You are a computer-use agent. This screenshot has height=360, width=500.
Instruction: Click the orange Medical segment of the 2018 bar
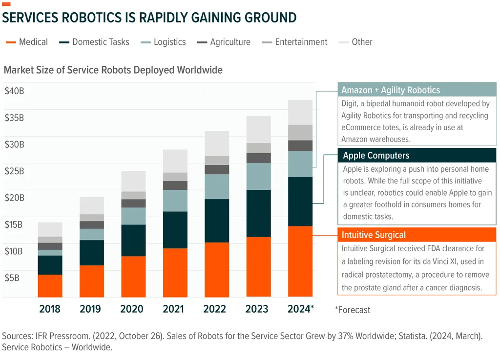point(50,286)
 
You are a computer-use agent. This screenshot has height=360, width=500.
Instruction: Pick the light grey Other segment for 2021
point(175,161)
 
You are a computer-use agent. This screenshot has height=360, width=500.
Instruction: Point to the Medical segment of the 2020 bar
point(133,277)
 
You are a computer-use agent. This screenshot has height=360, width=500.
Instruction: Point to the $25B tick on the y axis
point(14,171)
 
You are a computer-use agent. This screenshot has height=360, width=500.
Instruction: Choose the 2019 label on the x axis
point(90,309)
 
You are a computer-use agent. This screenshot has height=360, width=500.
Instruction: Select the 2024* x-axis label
point(300,309)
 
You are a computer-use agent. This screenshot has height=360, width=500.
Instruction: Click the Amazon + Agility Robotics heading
point(391,90)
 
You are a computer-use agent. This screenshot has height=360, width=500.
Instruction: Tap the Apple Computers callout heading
point(376,156)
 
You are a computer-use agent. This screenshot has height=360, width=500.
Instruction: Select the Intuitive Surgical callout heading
point(374,235)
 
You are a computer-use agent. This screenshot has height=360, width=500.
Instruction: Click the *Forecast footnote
point(353,310)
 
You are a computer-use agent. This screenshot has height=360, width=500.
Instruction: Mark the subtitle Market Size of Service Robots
point(113,70)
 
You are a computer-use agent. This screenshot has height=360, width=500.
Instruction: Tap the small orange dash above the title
point(6,4)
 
